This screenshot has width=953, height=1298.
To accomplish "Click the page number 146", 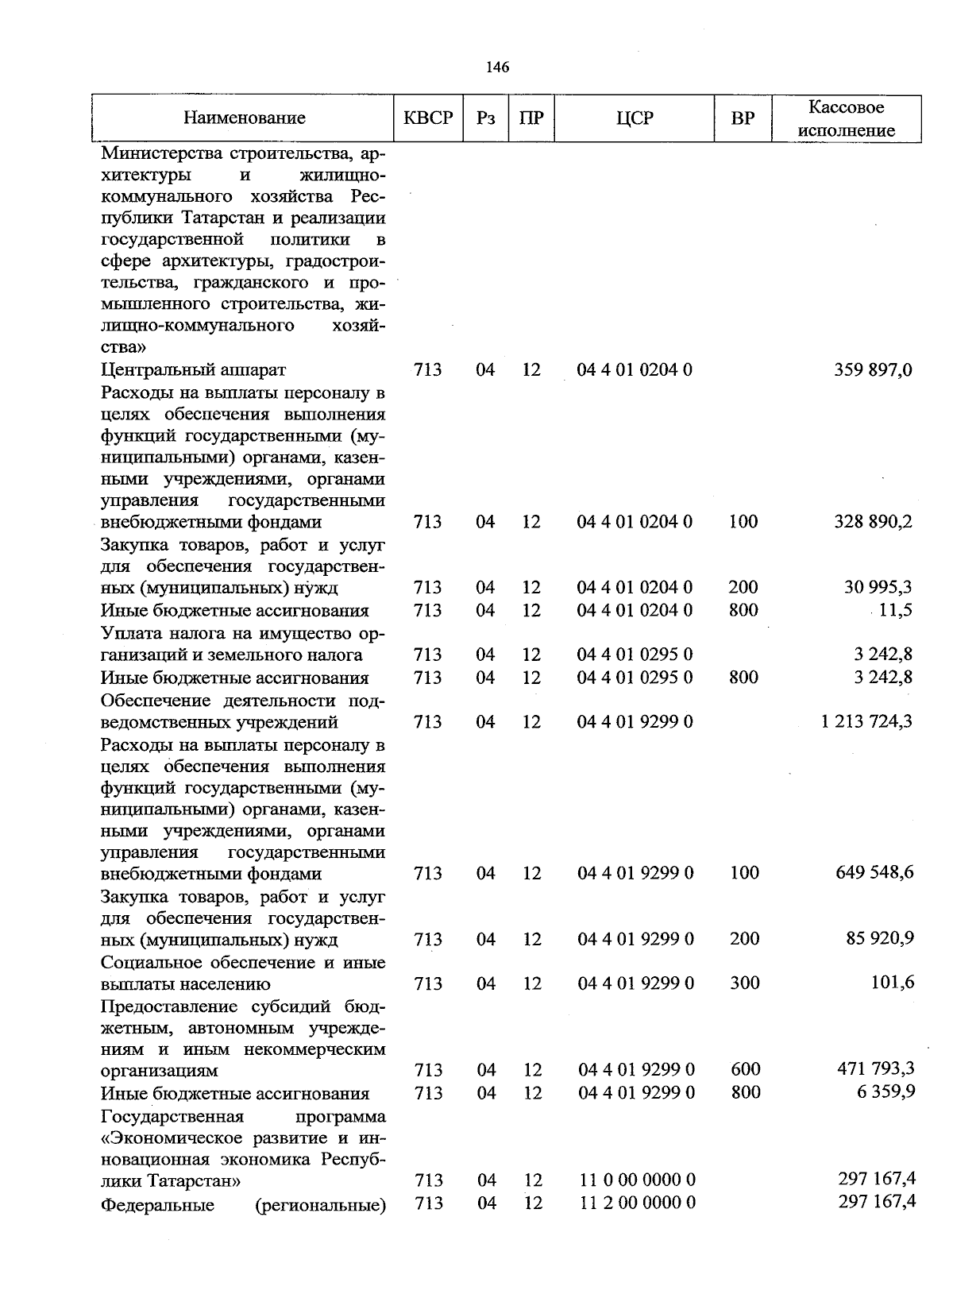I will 497,68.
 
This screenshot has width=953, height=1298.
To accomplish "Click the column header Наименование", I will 245,118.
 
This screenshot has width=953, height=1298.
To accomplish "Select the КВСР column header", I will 428,118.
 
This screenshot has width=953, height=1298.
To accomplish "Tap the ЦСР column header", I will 634,118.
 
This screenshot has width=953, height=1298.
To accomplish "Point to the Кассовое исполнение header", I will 847,118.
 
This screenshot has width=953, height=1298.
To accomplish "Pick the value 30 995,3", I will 878,587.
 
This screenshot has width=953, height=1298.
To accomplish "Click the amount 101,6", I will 893,983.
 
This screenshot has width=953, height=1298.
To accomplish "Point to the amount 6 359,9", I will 882,1092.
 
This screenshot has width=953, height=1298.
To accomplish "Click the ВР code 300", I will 744,983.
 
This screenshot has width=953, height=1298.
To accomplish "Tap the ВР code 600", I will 745,1069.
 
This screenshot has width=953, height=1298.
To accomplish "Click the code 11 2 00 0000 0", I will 637,1203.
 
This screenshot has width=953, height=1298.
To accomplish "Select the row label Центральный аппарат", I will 193,369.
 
